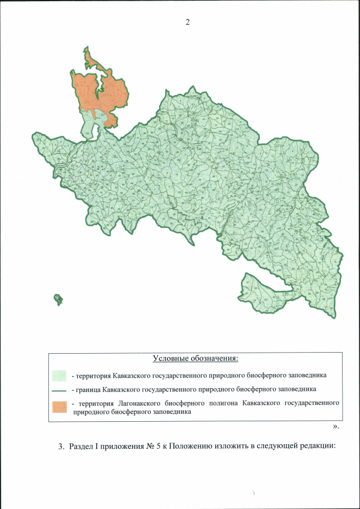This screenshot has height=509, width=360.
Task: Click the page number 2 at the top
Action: pos(188,22)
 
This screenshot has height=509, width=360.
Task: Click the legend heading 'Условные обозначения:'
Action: pos(195,359)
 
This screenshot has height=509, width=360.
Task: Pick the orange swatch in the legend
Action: pos(60,407)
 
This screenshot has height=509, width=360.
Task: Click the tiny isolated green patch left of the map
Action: pos(58,299)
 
